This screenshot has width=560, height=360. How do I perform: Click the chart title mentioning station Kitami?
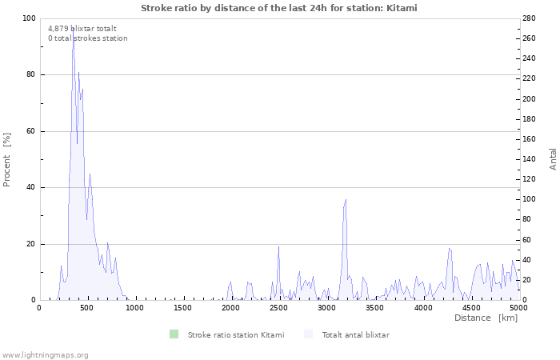pyautogui.click(x=279, y=8)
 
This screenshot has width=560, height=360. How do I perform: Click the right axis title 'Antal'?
pyautogui.click(x=553, y=158)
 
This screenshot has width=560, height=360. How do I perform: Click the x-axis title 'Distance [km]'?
pyautogui.click(x=486, y=318)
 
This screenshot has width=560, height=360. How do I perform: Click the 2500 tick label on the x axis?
pyautogui.click(x=278, y=307)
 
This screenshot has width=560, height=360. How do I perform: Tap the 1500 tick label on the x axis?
pyautogui.click(x=182, y=307)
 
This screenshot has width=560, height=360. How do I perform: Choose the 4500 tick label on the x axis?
pyautogui.click(x=470, y=307)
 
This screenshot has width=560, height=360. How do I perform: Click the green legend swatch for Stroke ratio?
pyautogui.click(x=174, y=334)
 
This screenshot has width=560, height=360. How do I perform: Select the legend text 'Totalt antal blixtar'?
pyautogui.click(x=355, y=335)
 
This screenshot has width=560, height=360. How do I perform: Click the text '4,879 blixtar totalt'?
pyautogui.click(x=82, y=28)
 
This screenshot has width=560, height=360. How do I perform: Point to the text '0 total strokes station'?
pyautogui.click(x=87, y=38)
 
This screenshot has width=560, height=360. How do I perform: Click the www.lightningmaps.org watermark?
pyautogui.click(x=45, y=354)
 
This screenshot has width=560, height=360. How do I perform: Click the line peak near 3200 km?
pyautogui.click(x=346, y=200)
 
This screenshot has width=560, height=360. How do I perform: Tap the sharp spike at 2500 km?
pyautogui.click(x=278, y=246)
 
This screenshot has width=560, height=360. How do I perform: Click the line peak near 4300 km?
pyautogui.click(x=450, y=248)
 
